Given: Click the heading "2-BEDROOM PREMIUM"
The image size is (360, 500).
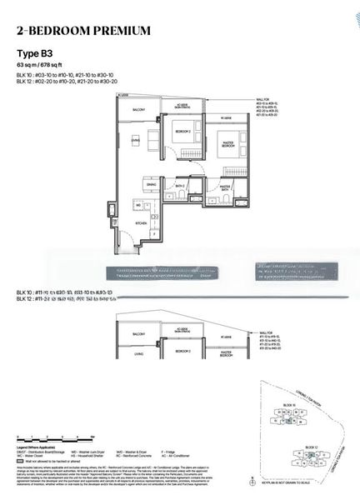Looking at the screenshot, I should pyautogui.click(x=83, y=31).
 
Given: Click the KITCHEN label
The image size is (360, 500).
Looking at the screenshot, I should pyautogui.click(x=142, y=224).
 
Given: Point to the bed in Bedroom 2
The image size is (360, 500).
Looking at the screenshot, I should pyautogui.click(x=183, y=150).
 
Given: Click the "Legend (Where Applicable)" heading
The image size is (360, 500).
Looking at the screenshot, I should pyautogui.click(x=38, y=447).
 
